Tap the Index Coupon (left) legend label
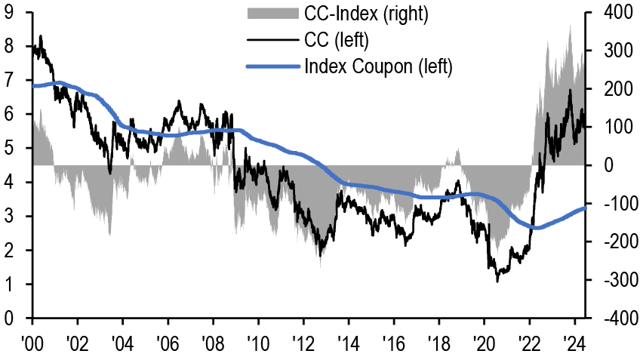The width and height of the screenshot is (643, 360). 378,66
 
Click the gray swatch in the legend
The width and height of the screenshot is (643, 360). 272,14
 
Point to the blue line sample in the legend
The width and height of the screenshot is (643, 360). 272,66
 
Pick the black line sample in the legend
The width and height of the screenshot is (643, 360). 272,40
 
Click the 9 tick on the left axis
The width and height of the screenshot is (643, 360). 8,13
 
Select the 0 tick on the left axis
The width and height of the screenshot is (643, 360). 8,319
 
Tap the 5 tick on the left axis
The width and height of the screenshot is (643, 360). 8,149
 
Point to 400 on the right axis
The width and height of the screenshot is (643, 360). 617,13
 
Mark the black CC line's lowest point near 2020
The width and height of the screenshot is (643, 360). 497,282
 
